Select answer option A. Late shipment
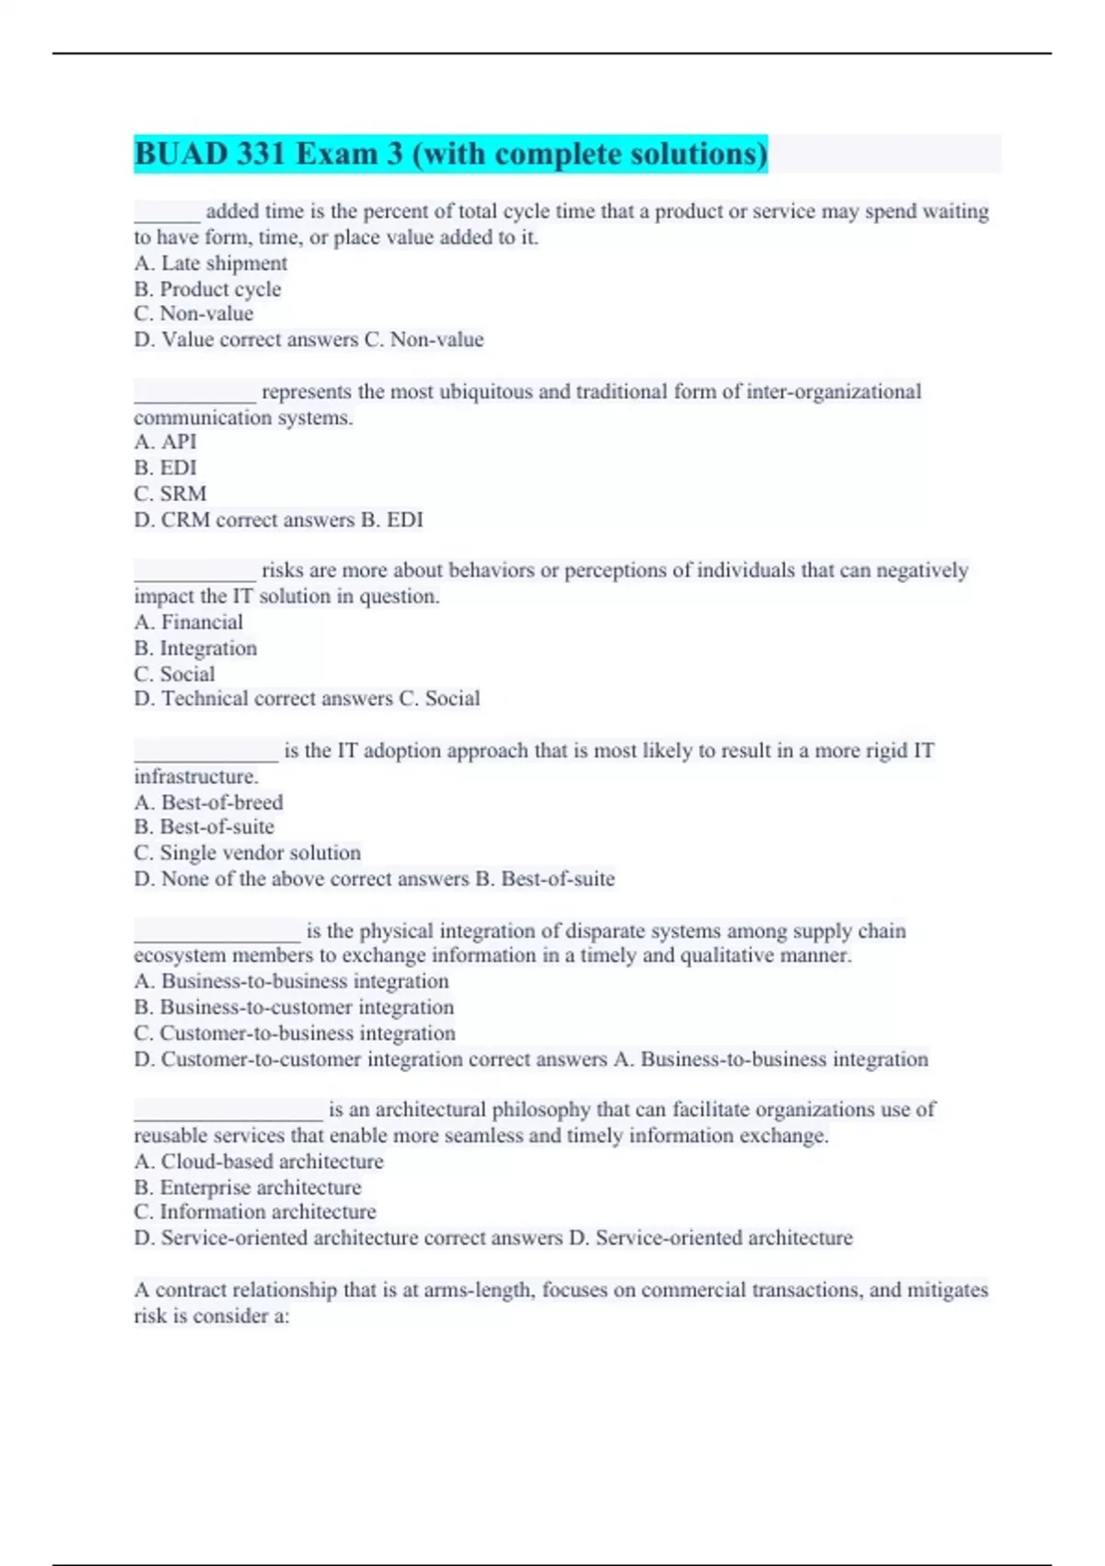211,263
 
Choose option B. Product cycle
207,289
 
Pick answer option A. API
166,442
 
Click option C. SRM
170,494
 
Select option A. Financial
189,623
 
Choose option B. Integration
195,649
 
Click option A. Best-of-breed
209,802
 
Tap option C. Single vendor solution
247,853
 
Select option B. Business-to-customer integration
294,1008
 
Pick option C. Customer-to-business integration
295,1034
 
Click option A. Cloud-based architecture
259,1162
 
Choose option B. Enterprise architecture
248,1187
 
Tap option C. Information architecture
255,1212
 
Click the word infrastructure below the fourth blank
195,777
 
